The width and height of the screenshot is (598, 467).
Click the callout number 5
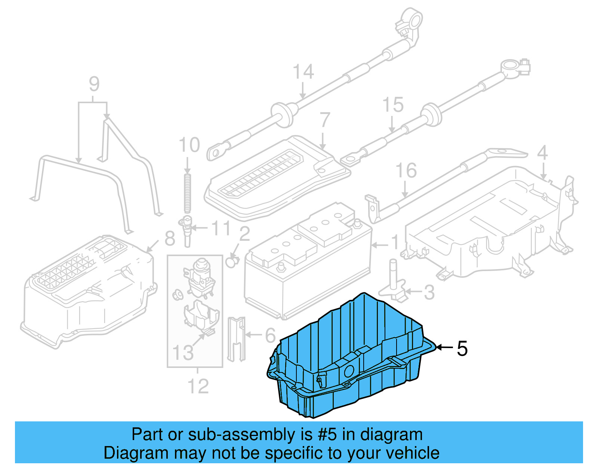(462, 348)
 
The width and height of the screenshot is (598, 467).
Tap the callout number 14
(303, 71)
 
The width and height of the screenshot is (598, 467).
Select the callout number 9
(94, 84)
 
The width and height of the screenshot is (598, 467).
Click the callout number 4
(542, 153)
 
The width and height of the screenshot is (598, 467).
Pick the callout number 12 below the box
(198, 386)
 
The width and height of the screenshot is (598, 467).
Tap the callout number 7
(324, 120)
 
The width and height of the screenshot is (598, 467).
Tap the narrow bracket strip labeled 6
(236, 338)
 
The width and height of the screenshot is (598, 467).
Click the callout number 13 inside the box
(183, 353)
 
